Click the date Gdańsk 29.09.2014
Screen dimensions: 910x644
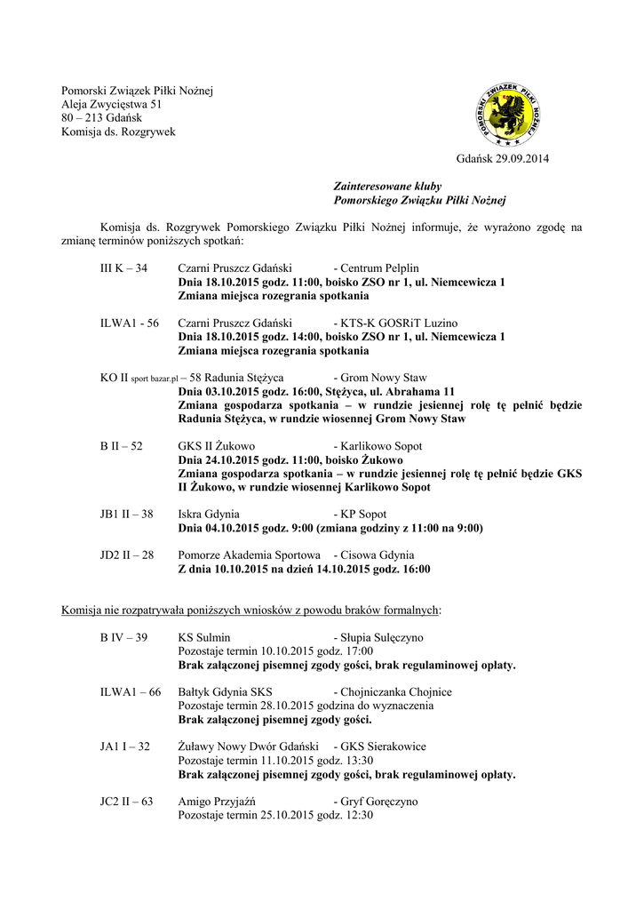[x=503, y=159]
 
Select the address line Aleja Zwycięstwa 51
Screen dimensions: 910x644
[x=111, y=104]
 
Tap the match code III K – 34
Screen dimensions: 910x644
[x=123, y=268]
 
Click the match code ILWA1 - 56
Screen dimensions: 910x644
[x=130, y=323]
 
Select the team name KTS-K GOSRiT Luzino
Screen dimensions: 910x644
[x=395, y=323]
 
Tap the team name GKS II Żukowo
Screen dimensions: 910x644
[x=217, y=446]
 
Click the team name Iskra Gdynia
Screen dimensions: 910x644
[x=209, y=514]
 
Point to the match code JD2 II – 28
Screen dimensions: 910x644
[x=127, y=555]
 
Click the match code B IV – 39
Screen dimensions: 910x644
[x=123, y=637]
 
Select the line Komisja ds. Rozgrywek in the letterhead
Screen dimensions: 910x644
[x=118, y=132]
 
